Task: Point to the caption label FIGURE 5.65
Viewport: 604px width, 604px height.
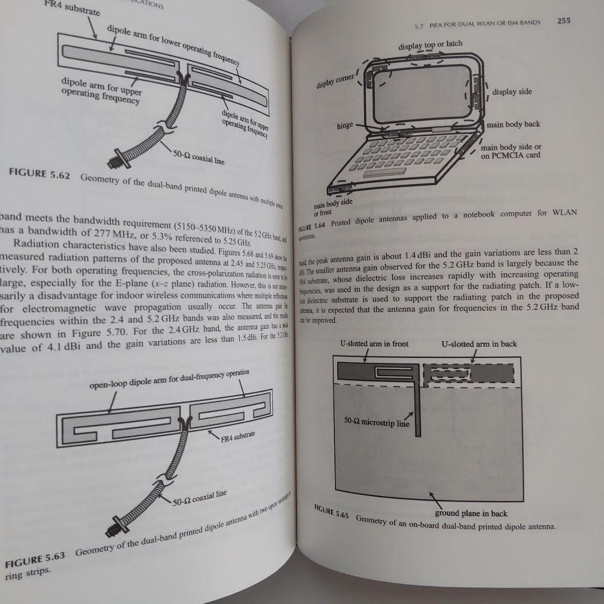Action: pyautogui.click(x=331, y=512)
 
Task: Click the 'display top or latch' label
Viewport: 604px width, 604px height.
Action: pyautogui.click(x=430, y=45)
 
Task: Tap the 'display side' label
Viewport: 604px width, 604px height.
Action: pyautogui.click(x=512, y=92)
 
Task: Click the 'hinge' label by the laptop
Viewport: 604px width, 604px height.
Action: pyautogui.click(x=345, y=126)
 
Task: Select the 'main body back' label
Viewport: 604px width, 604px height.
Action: pyautogui.click(x=513, y=124)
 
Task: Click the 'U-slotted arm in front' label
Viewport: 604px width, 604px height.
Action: pyautogui.click(x=374, y=343)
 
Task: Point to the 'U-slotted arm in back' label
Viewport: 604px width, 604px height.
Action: pyautogui.click(x=479, y=343)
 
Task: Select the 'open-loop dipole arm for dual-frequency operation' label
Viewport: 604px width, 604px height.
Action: pyautogui.click(x=169, y=380)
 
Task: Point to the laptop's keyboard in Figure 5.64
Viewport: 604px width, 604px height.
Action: pyautogui.click(x=414, y=156)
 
